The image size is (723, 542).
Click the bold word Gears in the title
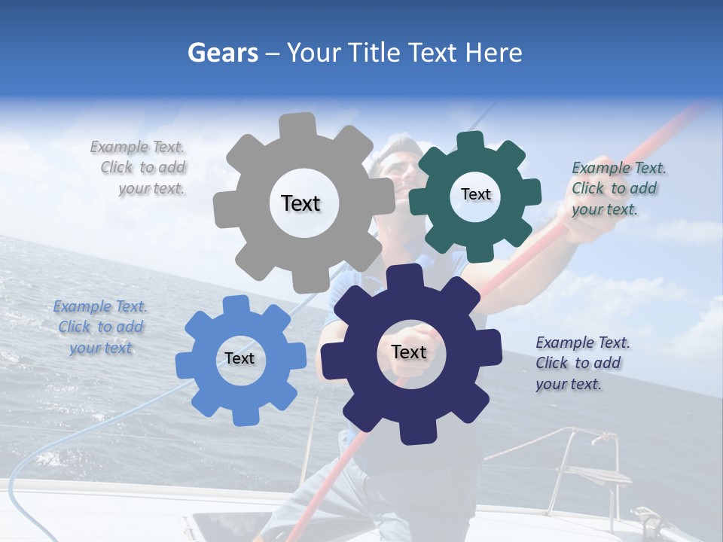pos(223,53)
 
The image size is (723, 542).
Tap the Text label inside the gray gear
pos(300,203)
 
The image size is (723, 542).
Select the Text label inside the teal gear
pos(475,194)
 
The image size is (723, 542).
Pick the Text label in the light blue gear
pos(239,358)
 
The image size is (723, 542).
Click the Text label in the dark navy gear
pos(409,352)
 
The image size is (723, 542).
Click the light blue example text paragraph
pos(100,327)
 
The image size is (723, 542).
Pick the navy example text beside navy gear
pos(581,363)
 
